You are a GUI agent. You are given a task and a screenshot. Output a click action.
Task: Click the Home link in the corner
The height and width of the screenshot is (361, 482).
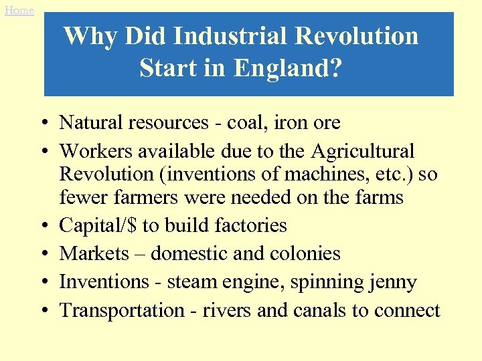coord(19,10)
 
